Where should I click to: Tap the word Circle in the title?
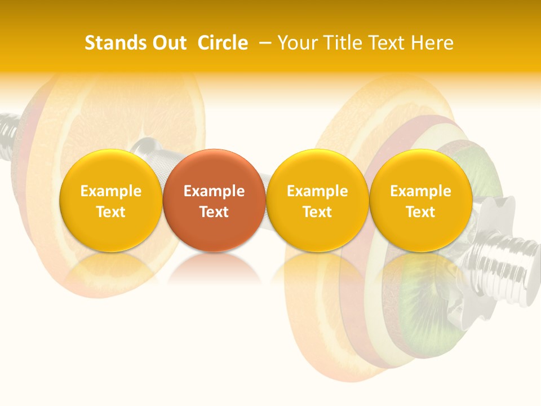[x=223, y=43]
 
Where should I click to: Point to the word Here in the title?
[x=432, y=43]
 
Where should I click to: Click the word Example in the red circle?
[x=214, y=191]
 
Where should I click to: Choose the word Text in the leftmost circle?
[x=110, y=212]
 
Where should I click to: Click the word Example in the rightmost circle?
[x=421, y=191]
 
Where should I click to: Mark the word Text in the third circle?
[x=317, y=212]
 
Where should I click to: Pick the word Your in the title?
[x=296, y=43]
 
